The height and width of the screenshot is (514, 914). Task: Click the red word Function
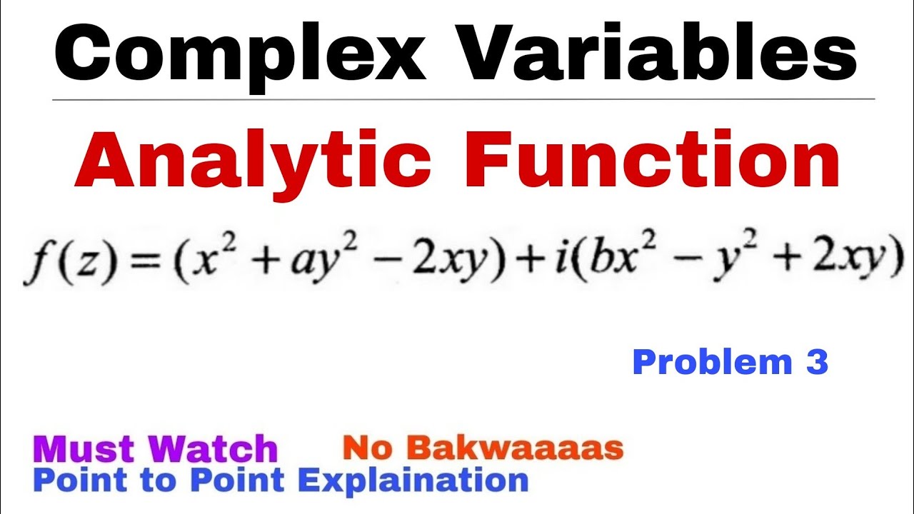(657, 163)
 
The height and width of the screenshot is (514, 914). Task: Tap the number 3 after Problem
(817, 363)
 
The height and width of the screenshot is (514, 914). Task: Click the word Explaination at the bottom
(413, 480)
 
